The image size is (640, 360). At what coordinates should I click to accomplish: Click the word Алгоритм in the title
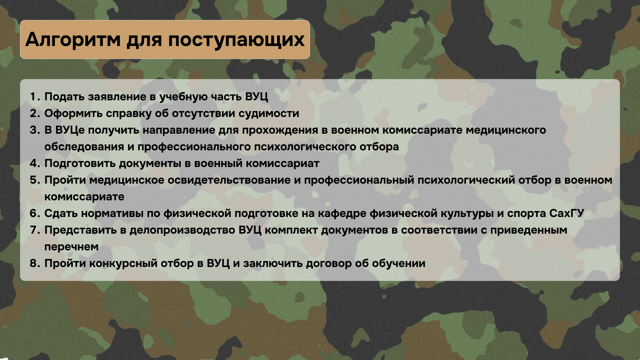pos(73,39)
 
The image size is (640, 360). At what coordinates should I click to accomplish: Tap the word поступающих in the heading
pos(236,40)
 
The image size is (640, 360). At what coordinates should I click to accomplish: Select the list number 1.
pos(35,97)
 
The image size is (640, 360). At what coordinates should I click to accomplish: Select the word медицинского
pos(506,130)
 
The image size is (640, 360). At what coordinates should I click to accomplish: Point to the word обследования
pos(84,147)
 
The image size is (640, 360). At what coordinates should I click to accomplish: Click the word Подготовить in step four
pos(80,164)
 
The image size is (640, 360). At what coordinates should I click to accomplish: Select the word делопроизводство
pos(182,230)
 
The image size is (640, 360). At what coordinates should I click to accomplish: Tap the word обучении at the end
pos(398,264)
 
